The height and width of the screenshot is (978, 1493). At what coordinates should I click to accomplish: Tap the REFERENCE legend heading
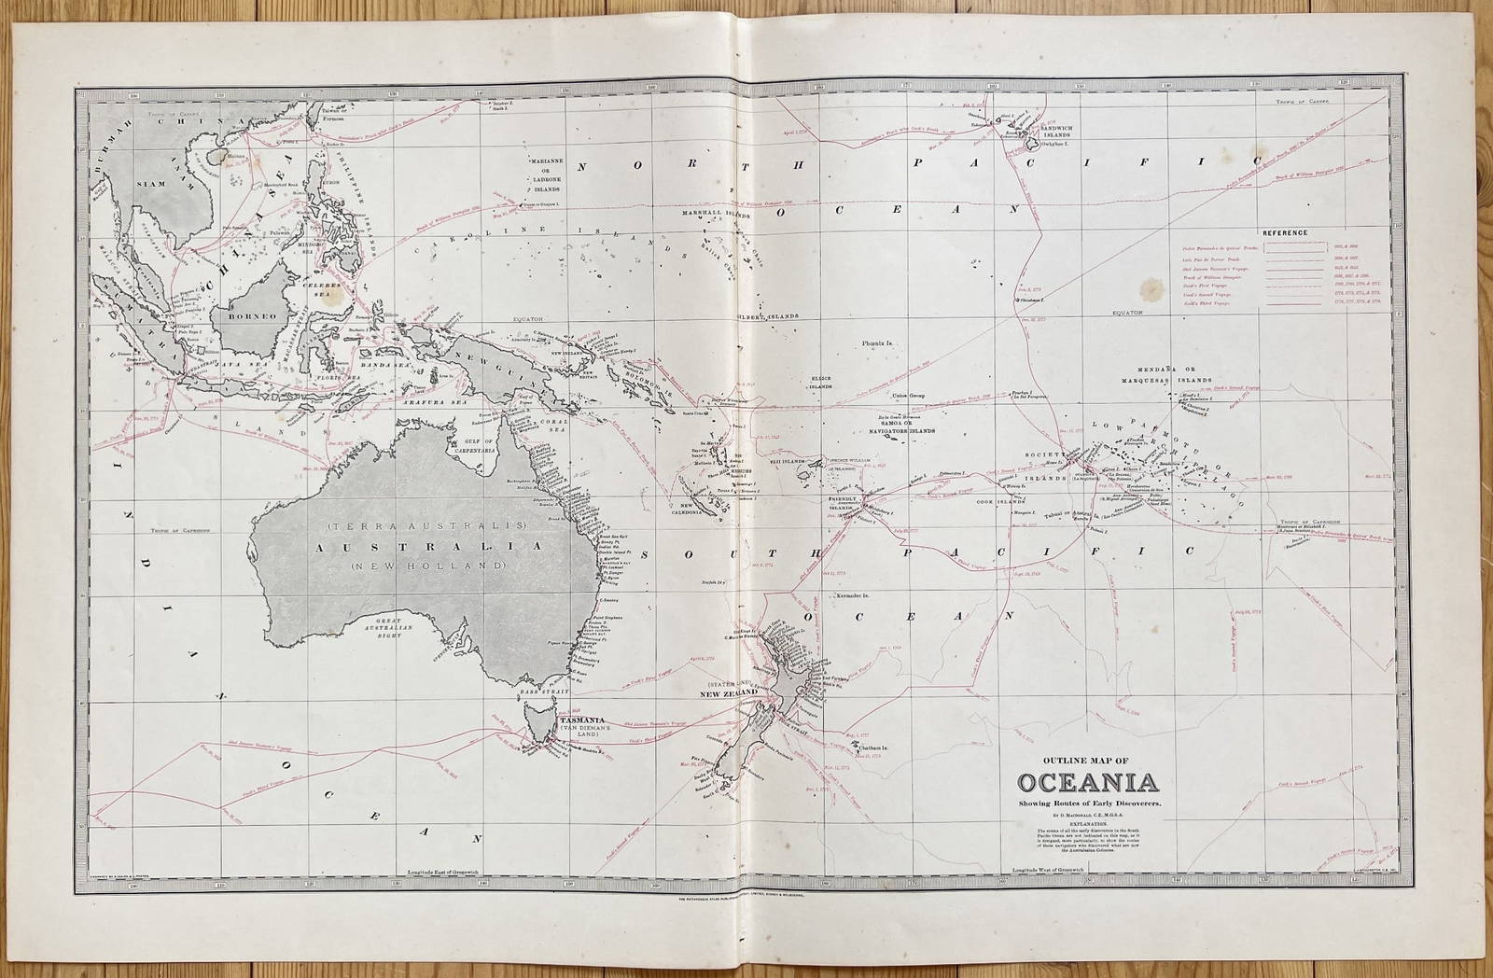[1285, 232]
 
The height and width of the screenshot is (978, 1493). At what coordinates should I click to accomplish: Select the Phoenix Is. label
[878, 344]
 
